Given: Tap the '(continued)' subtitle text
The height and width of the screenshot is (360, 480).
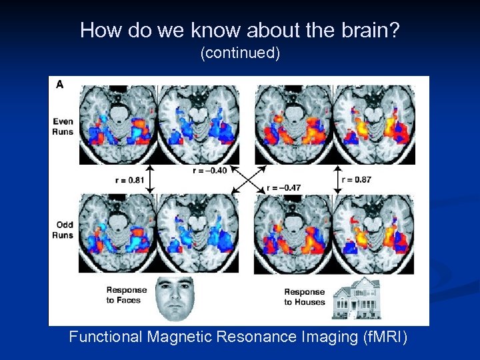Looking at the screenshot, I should [x=240, y=53].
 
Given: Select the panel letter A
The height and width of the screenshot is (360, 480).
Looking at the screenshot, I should [x=60, y=84].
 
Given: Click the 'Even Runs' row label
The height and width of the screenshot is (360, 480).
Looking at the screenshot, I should [x=63, y=126].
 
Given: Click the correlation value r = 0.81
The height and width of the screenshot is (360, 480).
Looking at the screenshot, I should [x=130, y=179].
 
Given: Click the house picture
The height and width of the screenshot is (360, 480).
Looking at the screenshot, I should [x=356, y=298].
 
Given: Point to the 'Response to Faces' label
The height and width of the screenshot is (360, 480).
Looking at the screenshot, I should [x=127, y=295].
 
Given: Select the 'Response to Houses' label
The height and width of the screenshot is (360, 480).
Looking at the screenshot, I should [x=304, y=297].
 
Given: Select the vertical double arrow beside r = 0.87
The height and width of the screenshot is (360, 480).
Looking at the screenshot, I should [x=335, y=179].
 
